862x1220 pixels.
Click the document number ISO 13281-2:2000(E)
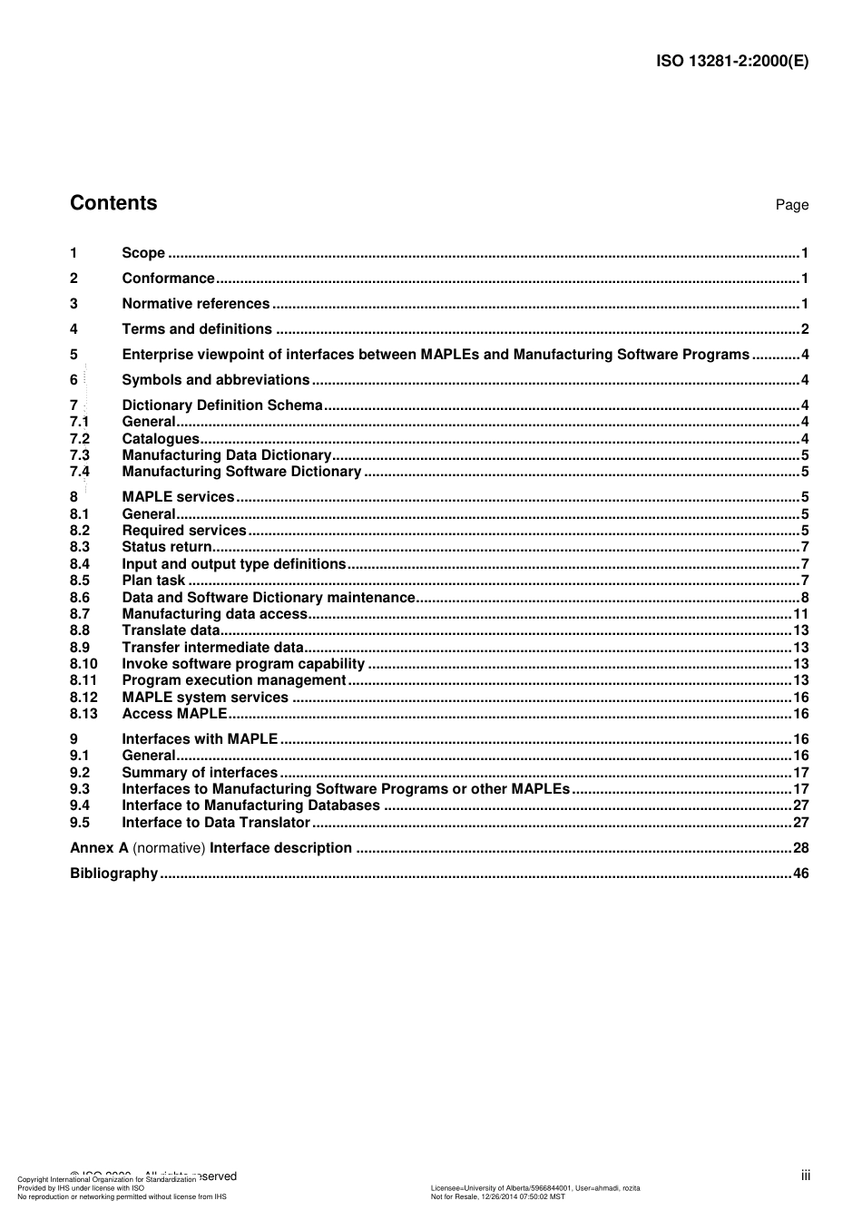(731, 62)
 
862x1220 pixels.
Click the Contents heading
(113, 203)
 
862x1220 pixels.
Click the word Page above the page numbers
(791, 205)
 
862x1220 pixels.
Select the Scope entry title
(143, 253)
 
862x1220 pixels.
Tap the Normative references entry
(195, 304)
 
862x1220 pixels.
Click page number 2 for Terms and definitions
(804, 329)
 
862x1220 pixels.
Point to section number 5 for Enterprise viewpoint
(73, 355)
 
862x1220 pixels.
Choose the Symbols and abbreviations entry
(215, 380)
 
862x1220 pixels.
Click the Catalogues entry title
(160, 439)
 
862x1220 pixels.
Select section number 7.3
(80, 455)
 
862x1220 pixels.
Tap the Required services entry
(183, 531)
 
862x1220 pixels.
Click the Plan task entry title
(153, 581)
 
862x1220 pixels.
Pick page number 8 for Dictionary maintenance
(804, 598)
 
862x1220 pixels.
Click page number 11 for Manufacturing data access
(800, 614)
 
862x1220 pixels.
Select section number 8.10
(83, 664)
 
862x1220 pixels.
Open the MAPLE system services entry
(204, 698)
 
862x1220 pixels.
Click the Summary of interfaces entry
(200, 773)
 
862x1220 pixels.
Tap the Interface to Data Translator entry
(216, 823)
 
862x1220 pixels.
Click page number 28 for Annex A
(800, 848)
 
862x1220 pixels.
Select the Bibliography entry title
(113, 874)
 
